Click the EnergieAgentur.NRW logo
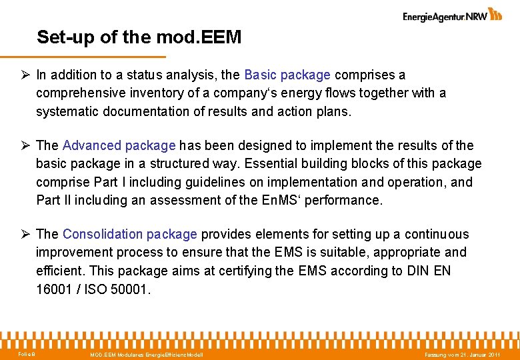pyautogui.click(x=452, y=15)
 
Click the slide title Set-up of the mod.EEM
pyautogui.click(x=139, y=37)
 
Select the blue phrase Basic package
pyautogui.click(x=287, y=75)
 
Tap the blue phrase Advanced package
pyautogui.click(x=119, y=145)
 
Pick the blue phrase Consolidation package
pyautogui.click(x=129, y=234)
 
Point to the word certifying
pyautogui.click(x=246, y=271)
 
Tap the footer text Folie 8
pyautogui.click(x=27, y=353)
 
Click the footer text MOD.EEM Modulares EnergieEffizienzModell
pyautogui.click(x=147, y=354)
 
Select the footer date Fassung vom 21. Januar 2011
pyautogui.click(x=462, y=354)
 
